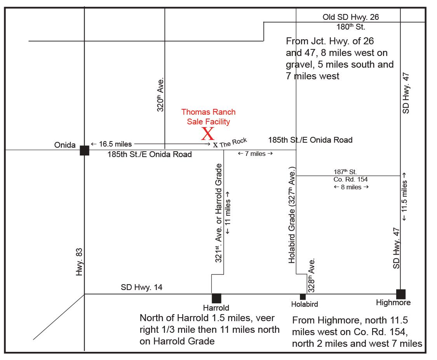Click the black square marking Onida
point(84,150)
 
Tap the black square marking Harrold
point(216,298)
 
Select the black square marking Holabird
point(303,297)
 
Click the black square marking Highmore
point(400,294)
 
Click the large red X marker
point(208,134)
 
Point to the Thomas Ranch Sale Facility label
point(208,117)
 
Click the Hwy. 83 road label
point(80,262)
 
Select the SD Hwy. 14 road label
point(141,288)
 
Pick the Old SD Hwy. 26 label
point(350,17)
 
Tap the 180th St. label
point(350,27)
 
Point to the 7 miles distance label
point(255,154)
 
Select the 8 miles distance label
point(351,187)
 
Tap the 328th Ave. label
point(312,275)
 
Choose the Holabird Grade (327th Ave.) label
point(292,215)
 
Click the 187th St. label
point(345,171)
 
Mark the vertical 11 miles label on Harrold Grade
point(228,211)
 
